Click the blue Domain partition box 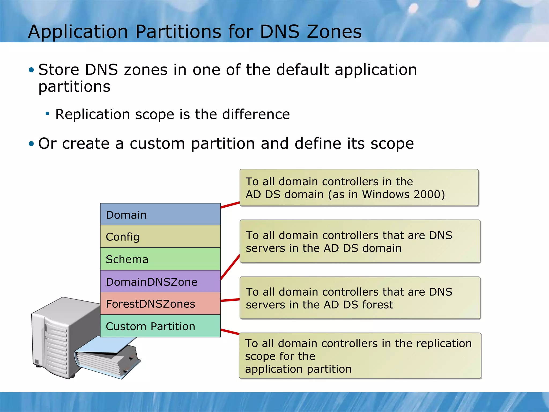tap(160, 214)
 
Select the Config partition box tap(160, 236)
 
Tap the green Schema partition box tap(160, 259)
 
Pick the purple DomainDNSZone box tap(160, 281)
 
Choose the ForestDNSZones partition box tap(160, 304)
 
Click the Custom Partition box tap(160, 326)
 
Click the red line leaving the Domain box tap(230, 205)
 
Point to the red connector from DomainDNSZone tap(230, 267)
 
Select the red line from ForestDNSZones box tap(230, 300)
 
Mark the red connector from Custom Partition tap(230, 332)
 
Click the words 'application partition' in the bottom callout tap(298, 369)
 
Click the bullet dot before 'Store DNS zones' tap(31, 70)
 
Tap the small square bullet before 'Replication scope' tap(47, 113)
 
